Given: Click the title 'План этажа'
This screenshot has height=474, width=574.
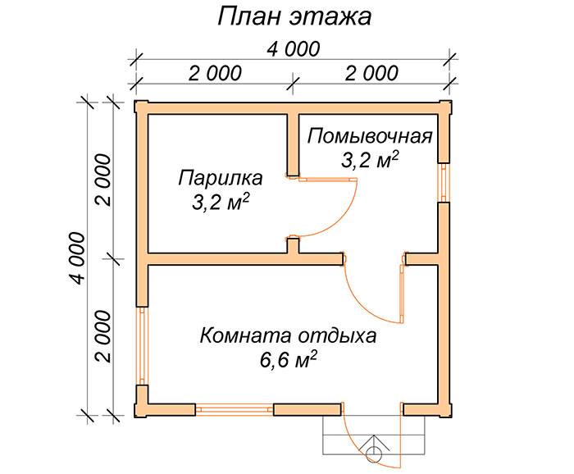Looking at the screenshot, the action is [x=294, y=17].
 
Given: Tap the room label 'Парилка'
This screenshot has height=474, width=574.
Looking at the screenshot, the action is [x=221, y=178].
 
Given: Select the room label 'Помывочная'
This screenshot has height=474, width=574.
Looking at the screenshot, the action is [x=370, y=136].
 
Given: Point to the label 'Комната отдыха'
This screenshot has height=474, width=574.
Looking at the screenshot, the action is [x=288, y=336].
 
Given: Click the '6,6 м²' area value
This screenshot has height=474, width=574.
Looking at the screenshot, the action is [x=288, y=360].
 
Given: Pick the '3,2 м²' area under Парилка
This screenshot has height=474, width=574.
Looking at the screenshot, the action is [x=221, y=202].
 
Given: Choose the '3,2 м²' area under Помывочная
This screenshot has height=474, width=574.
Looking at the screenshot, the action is [x=370, y=159].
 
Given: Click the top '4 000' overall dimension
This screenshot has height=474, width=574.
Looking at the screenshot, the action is [x=294, y=49].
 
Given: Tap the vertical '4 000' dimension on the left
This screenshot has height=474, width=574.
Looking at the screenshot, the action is [x=78, y=258].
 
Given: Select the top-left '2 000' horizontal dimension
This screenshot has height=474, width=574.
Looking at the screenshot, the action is [x=215, y=73].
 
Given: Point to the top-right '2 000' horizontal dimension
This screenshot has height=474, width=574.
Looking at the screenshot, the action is [x=371, y=73].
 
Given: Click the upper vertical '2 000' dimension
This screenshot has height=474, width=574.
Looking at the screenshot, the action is [x=103, y=180].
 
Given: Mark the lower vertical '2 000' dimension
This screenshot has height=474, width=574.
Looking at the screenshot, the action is [x=103, y=336].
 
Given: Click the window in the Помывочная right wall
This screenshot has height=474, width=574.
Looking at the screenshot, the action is [x=444, y=182].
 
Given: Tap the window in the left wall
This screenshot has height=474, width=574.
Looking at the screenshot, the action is [x=143, y=345].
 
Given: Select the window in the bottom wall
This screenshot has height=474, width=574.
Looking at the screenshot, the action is [x=235, y=409].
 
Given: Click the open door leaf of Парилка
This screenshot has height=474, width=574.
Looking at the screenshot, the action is [x=328, y=180].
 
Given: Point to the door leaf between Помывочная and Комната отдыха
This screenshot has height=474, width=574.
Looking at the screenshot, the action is [x=402, y=294].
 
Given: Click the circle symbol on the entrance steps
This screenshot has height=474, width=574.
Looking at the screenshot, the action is [x=374, y=454].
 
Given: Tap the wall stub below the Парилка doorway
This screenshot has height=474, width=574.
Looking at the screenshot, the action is [x=293, y=245].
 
